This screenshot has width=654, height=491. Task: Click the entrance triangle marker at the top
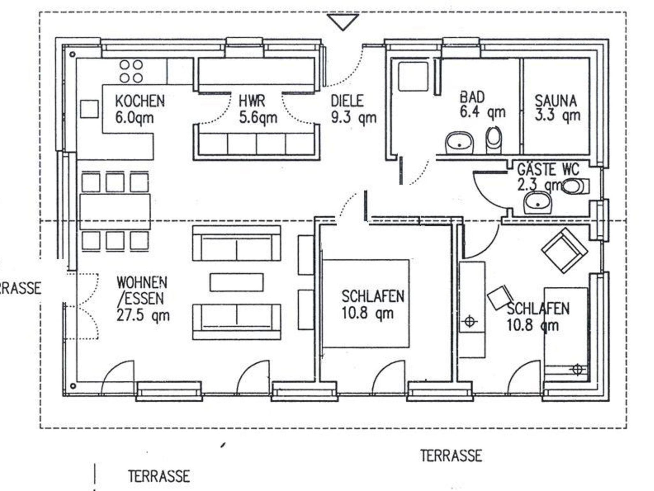343,21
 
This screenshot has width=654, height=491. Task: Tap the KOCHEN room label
140,101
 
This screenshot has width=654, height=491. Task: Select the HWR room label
252,101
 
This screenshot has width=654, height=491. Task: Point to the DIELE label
347,101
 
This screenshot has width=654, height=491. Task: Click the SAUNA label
556,101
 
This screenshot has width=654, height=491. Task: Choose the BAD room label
472,97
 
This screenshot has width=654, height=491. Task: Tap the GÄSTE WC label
548,169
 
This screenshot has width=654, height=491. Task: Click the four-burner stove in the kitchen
131,71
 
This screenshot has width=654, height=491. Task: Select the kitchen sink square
89,109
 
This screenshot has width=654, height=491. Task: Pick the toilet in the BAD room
494,140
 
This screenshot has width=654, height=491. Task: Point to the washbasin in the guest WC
538,202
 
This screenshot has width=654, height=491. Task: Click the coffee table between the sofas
237,282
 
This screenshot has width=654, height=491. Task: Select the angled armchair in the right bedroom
565,251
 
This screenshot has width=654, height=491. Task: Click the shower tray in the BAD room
413,76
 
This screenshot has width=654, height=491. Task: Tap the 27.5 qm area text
143,316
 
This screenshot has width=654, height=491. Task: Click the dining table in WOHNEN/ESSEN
115,211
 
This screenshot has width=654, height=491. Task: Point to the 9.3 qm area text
354,117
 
